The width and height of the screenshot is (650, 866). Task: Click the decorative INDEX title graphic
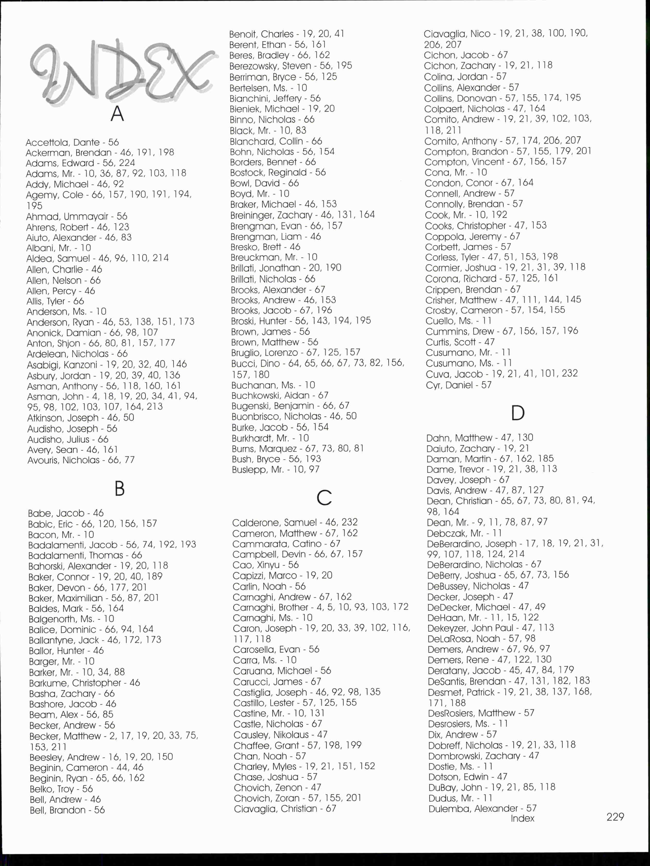tap(121, 72)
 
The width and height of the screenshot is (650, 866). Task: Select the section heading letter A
tap(117, 114)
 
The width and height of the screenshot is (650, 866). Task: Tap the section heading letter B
tap(120, 489)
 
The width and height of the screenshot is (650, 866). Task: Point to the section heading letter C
tap(324, 498)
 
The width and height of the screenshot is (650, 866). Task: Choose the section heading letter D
tap(518, 413)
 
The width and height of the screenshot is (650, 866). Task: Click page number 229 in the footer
tap(615, 817)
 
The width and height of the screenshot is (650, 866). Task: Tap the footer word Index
tap(522, 818)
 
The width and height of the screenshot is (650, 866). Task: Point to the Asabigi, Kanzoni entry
tap(107, 365)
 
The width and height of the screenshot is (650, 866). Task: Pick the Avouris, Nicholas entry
tap(81, 460)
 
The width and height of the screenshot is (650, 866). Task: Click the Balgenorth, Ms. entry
tap(71, 619)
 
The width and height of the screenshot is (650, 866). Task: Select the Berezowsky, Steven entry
tap(291, 66)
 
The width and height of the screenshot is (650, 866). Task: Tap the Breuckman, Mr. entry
tap(274, 257)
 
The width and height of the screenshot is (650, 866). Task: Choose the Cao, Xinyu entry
tap(265, 565)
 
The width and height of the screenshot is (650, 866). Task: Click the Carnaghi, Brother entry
tap(320, 607)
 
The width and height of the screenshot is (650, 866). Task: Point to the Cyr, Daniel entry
tap(458, 385)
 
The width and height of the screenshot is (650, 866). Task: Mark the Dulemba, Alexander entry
tap(482, 808)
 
